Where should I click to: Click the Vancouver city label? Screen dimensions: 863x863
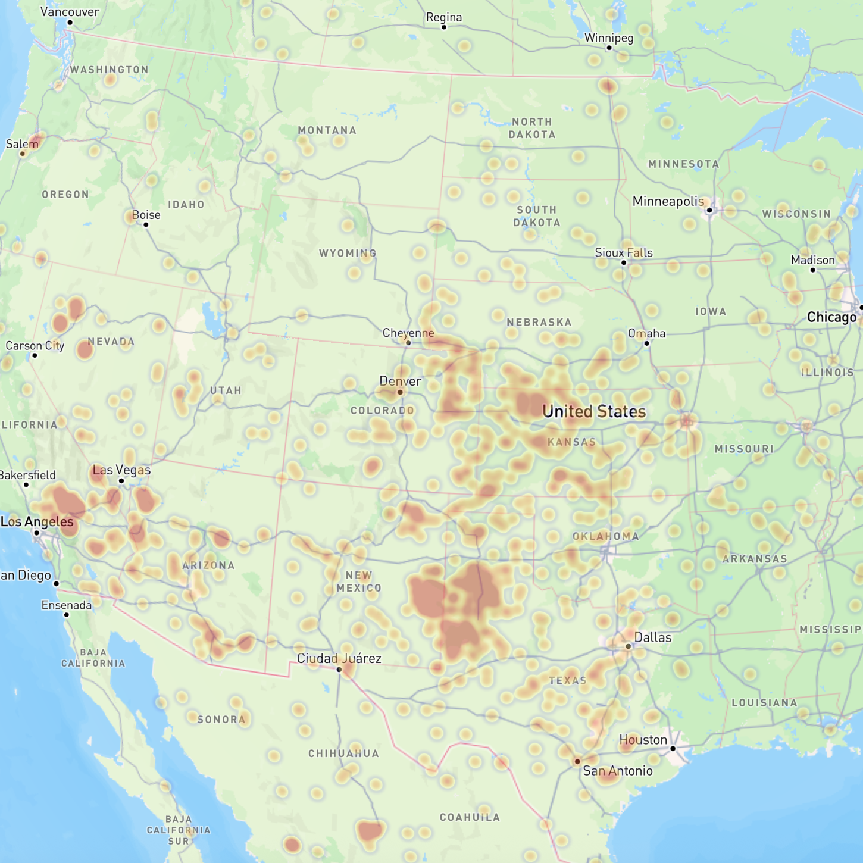coord(70,12)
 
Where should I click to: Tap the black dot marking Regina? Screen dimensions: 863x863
coord(443,27)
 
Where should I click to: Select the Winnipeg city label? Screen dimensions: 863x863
coord(609,38)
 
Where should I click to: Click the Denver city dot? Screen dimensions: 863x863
coord(400,392)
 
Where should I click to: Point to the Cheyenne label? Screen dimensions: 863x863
coord(408,333)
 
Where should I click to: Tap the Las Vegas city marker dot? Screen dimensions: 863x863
coord(121,481)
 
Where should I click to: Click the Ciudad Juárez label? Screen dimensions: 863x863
coord(339,658)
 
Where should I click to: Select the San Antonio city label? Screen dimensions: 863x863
coord(618,771)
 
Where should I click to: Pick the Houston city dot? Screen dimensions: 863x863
coord(673,749)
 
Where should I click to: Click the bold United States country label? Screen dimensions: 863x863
coord(594,411)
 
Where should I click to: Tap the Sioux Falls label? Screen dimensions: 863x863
coord(624,253)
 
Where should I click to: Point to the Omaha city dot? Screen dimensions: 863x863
coord(647,343)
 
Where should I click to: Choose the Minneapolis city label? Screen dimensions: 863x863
coord(668,201)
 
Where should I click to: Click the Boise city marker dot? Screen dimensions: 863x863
coord(146,225)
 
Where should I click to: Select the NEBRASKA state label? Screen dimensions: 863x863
coord(539,323)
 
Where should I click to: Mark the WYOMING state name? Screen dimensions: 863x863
coord(348,254)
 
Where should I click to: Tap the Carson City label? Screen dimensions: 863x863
coord(35,346)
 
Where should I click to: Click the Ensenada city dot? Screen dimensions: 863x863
coord(67,615)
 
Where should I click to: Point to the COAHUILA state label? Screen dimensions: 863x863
coord(470,817)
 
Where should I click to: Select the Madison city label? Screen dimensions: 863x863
coord(812,260)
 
